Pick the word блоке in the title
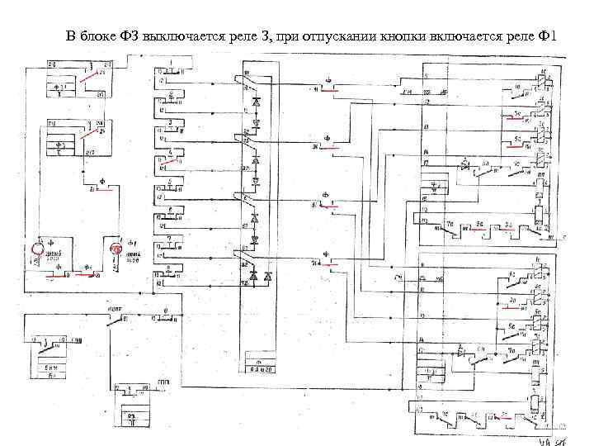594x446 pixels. (x=101, y=36)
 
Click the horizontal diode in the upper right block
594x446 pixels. (x=464, y=165)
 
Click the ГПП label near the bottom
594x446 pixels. (x=165, y=382)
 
